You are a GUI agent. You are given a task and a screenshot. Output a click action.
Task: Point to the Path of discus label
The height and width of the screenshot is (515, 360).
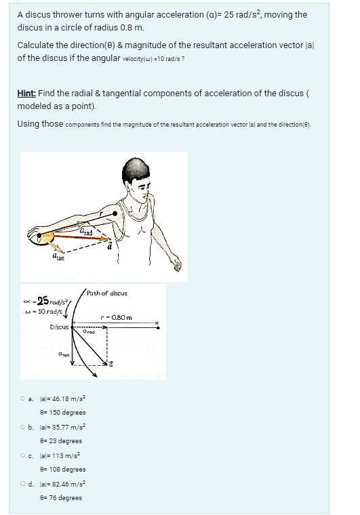(x=106, y=293)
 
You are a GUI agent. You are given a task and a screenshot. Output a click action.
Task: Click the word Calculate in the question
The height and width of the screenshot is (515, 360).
(x=38, y=45)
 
